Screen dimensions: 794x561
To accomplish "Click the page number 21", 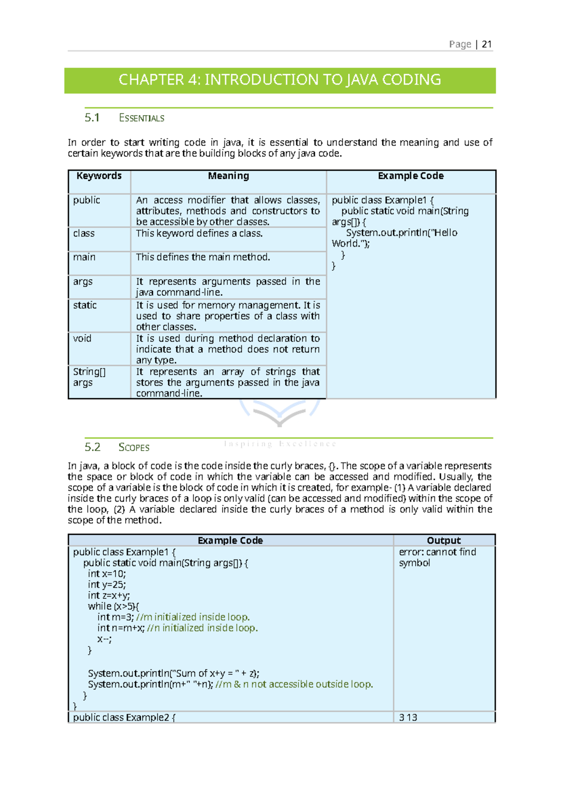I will coord(486,44).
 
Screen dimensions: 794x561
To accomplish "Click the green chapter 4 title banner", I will coord(280,80).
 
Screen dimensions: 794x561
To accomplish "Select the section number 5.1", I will coord(92,118).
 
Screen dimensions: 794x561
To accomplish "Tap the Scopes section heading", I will coord(134,447).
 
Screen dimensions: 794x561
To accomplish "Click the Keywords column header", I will coord(99,176).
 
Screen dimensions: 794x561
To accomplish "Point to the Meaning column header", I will coord(228,176).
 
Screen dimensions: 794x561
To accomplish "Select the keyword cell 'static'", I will coord(85,306).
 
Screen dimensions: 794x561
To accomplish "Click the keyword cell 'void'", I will coord(82,339).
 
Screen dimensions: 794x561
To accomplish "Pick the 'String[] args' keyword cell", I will coord(89,377).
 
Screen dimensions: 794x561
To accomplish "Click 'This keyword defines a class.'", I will coord(199,233).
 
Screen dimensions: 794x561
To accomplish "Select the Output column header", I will coord(443,540).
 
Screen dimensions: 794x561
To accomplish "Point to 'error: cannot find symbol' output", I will coord(437,557).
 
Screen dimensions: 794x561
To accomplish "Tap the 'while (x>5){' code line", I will coord(113,606).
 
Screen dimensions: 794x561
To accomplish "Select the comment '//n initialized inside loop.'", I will coord(202,628).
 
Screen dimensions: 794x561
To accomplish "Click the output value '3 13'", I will coord(408,717).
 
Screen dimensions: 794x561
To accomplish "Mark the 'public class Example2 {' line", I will coord(124,717).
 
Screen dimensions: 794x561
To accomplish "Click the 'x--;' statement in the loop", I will coord(104,639).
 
